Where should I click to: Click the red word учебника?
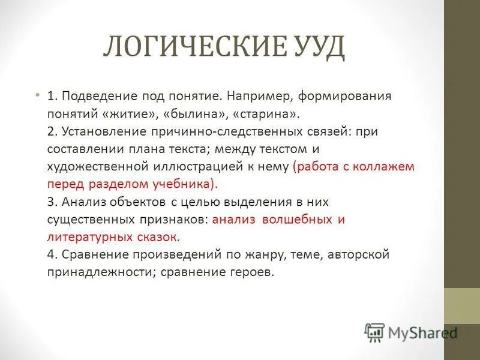tap(187, 184)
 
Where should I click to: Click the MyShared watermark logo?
tap(411, 331)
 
